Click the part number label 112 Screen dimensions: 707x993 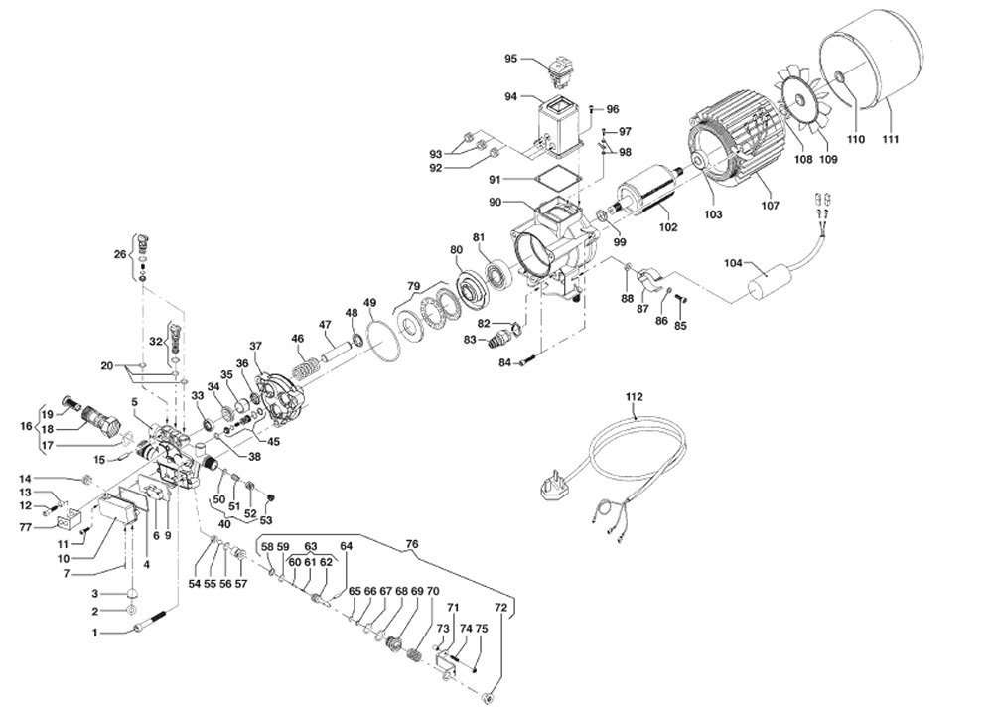pyautogui.click(x=635, y=396)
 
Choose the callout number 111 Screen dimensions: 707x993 pyautogui.click(x=891, y=139)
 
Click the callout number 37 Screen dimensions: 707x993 pyautogui.click(x=255, y=346)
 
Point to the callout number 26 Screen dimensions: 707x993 pyautogui.click(x=120, y=255)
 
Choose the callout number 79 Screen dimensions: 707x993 pyautogui.click(x=412, y=287)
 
